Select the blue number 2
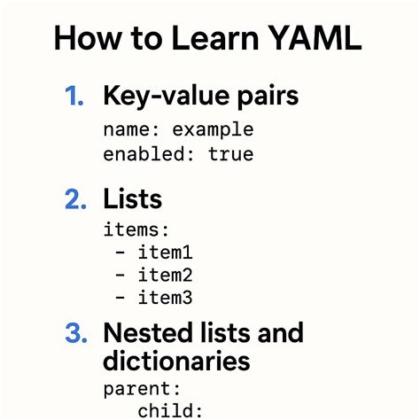point(75,199)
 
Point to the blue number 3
point(75,335)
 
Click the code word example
point(213,130)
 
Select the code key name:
point(128,130)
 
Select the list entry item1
point(166,253)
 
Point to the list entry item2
point(166,276)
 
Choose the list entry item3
point(166,299)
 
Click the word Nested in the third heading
point(148,334)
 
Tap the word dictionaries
point(176,362)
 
